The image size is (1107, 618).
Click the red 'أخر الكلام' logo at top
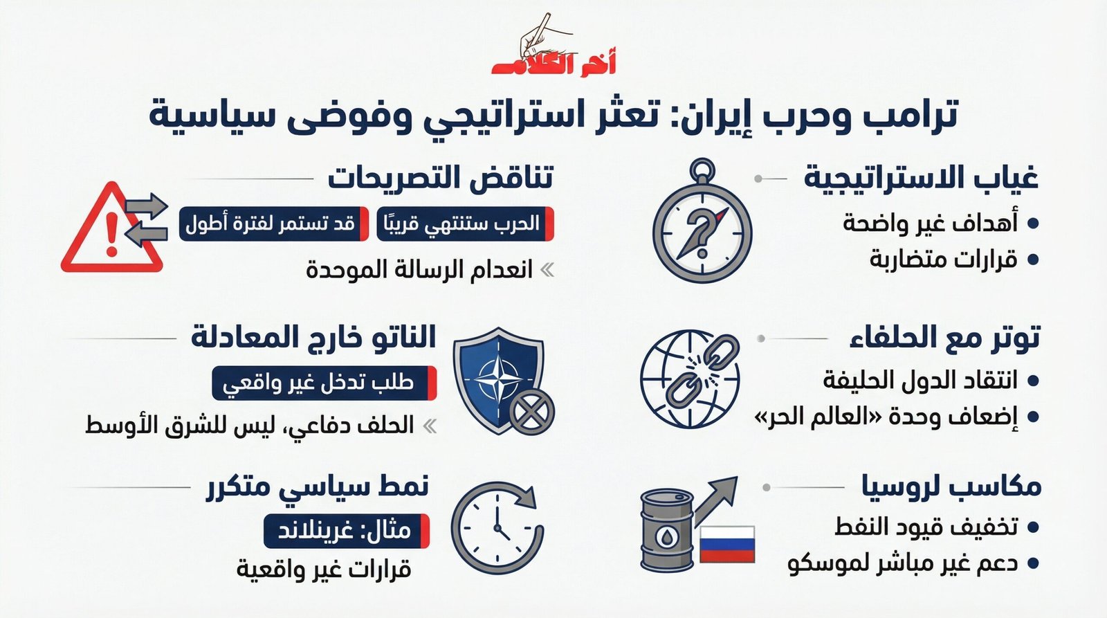[553, 62]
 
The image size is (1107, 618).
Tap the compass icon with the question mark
[702, 227]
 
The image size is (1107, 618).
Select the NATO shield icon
[500, 379]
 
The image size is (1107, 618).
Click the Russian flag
[726, 544]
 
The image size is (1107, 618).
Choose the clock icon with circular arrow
[496, 528]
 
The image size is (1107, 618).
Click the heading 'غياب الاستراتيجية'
[921, 179]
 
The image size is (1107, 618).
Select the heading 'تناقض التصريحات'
[440, 179]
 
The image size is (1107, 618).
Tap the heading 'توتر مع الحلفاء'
[944, 338]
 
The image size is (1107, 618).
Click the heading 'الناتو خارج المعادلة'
[313, 338]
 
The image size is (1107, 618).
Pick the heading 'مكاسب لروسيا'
[952, 487]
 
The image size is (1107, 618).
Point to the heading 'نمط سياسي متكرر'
[318, 487]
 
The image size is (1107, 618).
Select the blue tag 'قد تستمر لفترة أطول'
[273, 224]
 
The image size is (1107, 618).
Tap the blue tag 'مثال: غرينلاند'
[346, 531]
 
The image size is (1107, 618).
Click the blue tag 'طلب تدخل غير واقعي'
[324, 383]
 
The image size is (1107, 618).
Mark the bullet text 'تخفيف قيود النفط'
[926, 527]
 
